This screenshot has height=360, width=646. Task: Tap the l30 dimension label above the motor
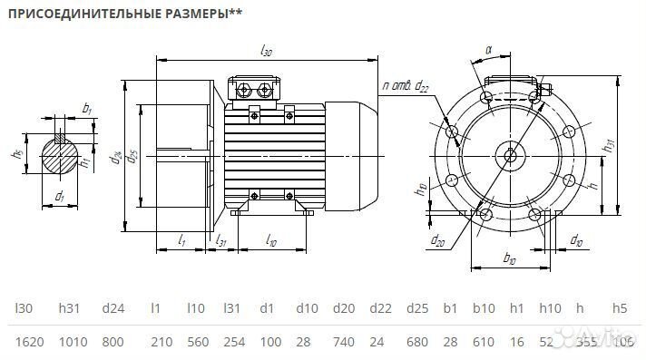pyautogui.click(x=266, y=52)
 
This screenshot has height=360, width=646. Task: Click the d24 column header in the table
pyautogui.click(x=113, y=308)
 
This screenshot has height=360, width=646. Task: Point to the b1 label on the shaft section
pyautogui.click(x=87, y=109)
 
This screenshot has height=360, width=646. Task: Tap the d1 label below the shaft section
pyautogui.click(x=60, y=195)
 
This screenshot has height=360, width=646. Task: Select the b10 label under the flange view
pyautogui.click(x=509, y=260)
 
